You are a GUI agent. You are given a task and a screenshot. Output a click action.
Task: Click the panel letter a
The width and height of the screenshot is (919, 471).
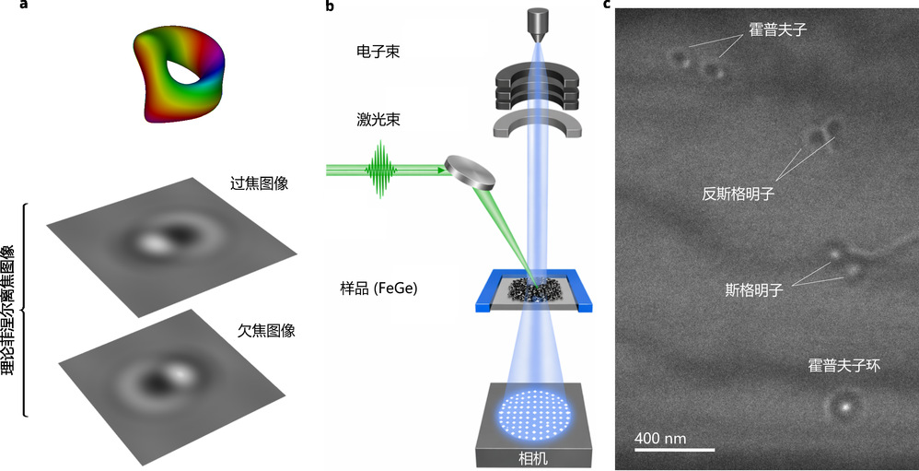point(7,6)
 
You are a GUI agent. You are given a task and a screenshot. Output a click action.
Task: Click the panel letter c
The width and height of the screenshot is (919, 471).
point(607,6)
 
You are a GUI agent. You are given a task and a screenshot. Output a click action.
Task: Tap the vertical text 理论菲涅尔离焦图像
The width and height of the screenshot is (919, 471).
point(9,309)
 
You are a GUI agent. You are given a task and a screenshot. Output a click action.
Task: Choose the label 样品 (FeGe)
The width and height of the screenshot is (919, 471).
point(378,288)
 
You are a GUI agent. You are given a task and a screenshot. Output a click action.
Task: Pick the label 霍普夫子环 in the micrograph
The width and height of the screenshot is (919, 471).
point(844,366)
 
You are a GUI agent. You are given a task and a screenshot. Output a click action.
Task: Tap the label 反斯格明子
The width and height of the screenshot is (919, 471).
point(738,194)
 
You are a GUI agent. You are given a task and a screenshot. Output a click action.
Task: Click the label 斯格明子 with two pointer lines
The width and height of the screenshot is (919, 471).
point(753,289)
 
